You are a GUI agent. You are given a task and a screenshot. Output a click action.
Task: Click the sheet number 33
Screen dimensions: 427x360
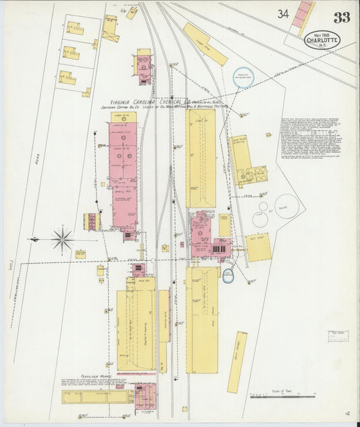click(x=342, y=17)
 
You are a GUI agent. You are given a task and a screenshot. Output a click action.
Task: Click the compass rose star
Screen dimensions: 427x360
click(x=61, y=239)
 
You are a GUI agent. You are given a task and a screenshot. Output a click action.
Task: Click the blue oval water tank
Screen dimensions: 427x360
click(x=228, y=275)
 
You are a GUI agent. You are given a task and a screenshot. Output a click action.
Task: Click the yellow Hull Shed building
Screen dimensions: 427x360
click(x=257, y=248)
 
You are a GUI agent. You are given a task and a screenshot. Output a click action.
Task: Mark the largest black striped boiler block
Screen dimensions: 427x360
click(x=218, y=249)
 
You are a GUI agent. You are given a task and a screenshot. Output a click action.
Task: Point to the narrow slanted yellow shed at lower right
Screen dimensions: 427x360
click(x=236, y=362)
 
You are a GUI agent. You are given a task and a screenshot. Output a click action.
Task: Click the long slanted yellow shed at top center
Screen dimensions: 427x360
click(x=205, y=45)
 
